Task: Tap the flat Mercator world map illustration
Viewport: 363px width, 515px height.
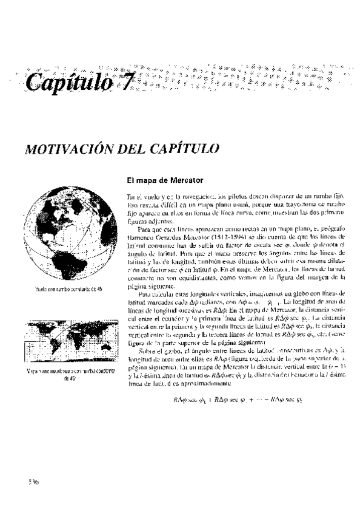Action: tap(67, 343)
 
